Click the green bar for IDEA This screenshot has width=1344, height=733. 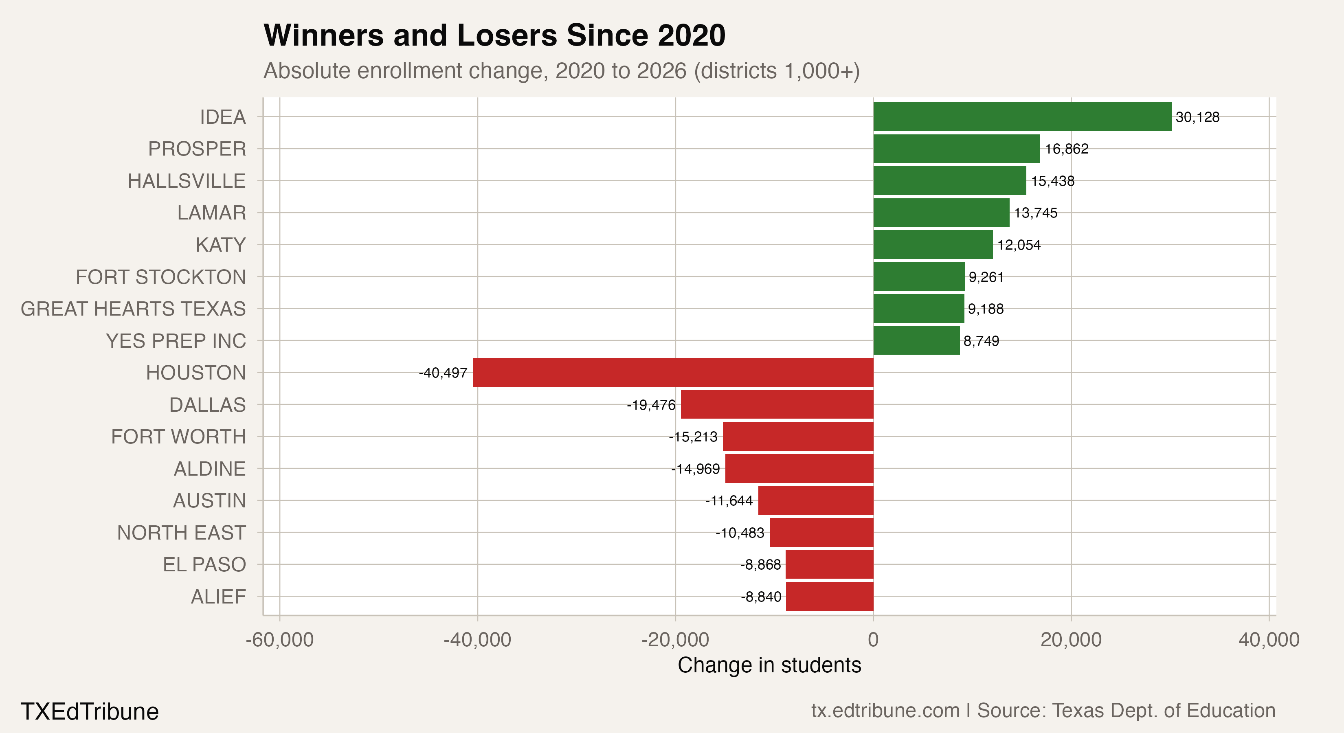pyautogui.click(x=1022, y=117)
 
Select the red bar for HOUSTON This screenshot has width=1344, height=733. pyautogui.click(x=673, y=373)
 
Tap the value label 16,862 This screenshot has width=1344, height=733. pyautogui.click(x=1066, y=149)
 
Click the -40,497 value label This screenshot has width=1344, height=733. pyautogui.click(x=443, y=373)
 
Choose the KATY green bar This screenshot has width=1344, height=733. pyautogui.click(x=933, y=245)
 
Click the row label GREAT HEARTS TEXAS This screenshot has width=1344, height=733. pyautogui.click(x=133, y=309)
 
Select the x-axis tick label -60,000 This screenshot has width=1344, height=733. pyautogui.click(x=280, y=640)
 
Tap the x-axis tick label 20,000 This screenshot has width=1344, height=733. pyautogui.click(x=1071, y=640)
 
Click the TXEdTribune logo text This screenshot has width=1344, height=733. pyautogui.click(x=89, y=711)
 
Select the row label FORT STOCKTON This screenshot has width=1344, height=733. pyautogui.click(x=161, y=277)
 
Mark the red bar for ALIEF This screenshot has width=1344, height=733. pyautogui.click(x=830, y=596)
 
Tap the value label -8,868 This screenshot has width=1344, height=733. pyautogui.click(x=761, y=565)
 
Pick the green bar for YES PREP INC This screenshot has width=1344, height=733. pyautogui.click(x=916, y=341)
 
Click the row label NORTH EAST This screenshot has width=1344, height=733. pyautogui.click(x=181, y=533)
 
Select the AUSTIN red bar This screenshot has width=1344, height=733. pyautogui.click(x=815, y=500)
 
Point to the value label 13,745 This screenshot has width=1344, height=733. pyautogui.click(x=1036, y=213)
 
